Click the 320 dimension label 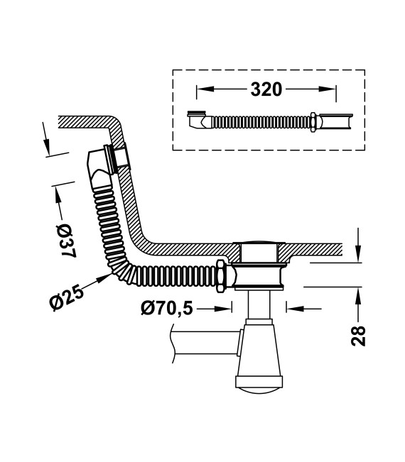coord(266,89)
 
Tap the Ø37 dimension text coord(66,241)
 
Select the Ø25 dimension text coord(67,298)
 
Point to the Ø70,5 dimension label coord(167,308)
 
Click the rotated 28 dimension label coord(359,335)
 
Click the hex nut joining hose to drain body coord(221,276)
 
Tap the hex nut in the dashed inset coord(313,122)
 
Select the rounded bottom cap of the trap coord(259,390)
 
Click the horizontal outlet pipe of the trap coord(205,343)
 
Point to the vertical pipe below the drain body coord(259,304)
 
